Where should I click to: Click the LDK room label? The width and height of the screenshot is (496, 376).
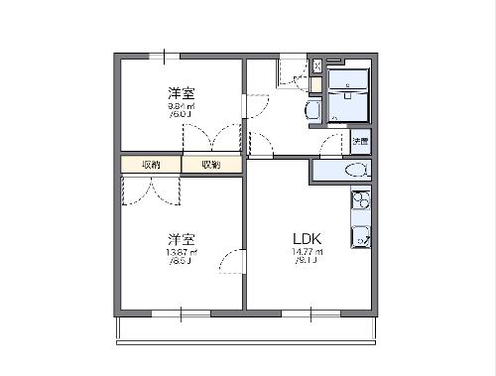point(307,238)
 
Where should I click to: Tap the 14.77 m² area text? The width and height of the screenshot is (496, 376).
point(305,253)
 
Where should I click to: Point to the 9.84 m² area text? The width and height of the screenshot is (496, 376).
point(181,106)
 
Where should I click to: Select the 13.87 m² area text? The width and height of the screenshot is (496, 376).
point(181,253)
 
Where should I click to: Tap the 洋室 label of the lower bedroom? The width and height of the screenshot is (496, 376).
point(181,238)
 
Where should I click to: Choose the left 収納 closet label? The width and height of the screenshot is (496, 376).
point(151,165)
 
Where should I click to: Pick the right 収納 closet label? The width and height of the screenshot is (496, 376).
point(211,165)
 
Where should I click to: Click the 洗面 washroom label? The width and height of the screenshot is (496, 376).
point(360,142)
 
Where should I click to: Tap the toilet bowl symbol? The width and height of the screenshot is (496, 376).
point(353,171)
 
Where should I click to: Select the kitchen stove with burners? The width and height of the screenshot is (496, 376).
point(359,203)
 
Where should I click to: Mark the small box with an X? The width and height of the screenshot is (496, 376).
point(316,65)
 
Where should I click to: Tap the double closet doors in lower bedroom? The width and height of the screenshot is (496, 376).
point(151,190)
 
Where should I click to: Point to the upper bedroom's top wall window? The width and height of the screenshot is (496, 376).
point(164,56)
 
